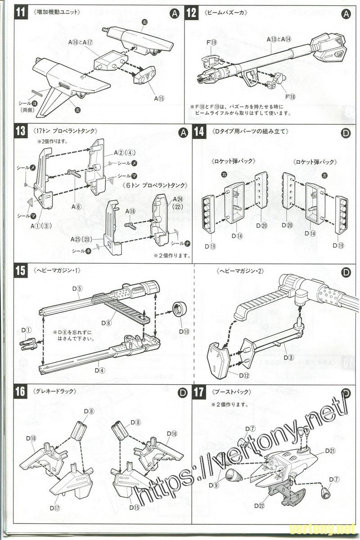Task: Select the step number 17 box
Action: [x=199, y=392]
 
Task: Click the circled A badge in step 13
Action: [x=182, y=132]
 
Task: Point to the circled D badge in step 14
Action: [x=346, y=133]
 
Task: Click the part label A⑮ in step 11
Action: [x=159, y=98]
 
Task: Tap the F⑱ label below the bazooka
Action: [x=290, y=96]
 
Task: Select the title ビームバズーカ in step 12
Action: [x=226, y=13]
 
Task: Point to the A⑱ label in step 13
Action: [x=130, y=211]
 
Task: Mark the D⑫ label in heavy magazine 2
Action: [x=244, y=375]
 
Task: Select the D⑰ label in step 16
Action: [x=55, y=508]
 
